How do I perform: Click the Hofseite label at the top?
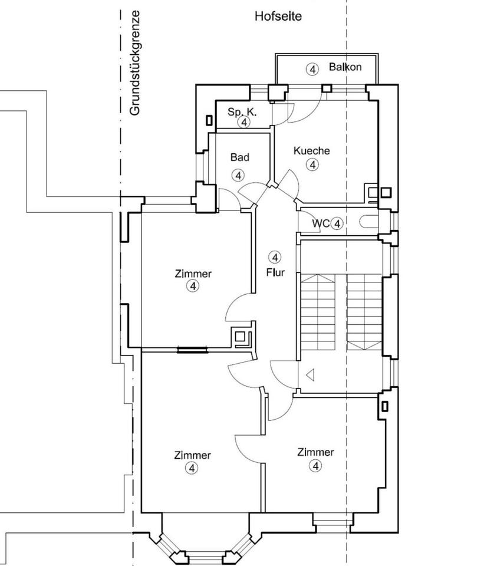[x=278, y=17]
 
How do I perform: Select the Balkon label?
[x=345, y=67]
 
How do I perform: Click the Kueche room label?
[x=311, y=151]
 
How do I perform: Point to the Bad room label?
[x=239, y=157]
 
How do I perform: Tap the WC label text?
[x=320, y=223]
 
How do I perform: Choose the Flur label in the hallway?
[x=275, y=273]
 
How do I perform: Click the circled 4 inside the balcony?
[x=312, y=69]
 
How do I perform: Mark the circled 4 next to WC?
[x=337, y=223]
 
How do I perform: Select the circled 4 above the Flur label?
[x=275, y=257]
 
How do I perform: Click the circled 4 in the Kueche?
[x=312, y=164]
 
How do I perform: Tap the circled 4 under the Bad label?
[x=238, y=175]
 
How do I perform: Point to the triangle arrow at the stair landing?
[x=310, y=374]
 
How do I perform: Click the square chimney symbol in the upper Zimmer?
[x=241, y=338]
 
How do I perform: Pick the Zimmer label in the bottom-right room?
[x=315, y=452]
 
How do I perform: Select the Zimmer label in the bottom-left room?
[x=192, y=455]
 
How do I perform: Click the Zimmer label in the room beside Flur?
[x=193, y=274]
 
